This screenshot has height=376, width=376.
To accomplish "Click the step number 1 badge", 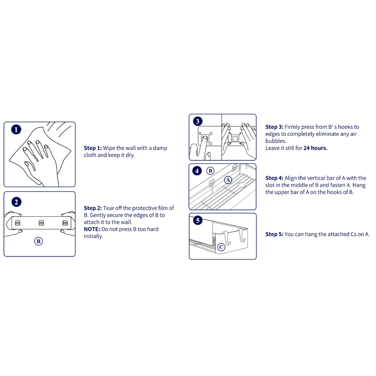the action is coord(16,130).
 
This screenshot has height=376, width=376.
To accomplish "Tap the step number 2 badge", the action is coord(16,202).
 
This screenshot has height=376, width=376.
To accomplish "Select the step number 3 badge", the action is coord(198,122).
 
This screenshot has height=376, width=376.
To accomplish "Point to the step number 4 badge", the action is coord(197,171).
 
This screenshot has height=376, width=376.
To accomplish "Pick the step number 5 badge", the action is coord(198,220).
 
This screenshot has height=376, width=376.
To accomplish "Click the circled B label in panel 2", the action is coord(38,241).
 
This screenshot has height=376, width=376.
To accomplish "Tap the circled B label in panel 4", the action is coord(210,171).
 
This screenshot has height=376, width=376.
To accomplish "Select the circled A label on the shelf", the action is coord(228,180).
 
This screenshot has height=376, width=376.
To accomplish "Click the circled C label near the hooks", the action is coord(221,247).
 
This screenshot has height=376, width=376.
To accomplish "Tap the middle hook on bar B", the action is coord(41,223).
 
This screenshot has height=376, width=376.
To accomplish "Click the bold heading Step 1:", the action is coord(93,148).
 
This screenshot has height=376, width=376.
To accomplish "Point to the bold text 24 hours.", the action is coord(315,148).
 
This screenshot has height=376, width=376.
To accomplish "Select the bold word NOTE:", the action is coord(92,229).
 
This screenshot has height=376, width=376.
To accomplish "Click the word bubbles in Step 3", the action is coord(276,141).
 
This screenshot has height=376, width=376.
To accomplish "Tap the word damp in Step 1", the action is coord(160,148).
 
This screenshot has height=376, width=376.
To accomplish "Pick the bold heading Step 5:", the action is coord(274,234).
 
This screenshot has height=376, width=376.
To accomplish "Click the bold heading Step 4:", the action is coord(274,178).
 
